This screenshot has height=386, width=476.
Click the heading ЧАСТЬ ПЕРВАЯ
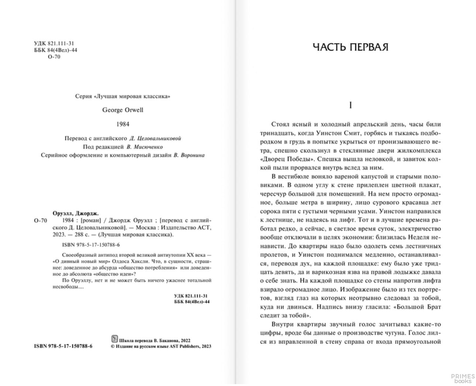click(x=350, y=47)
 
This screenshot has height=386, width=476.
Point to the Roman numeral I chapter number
click(x=350, y=105)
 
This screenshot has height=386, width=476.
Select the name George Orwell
click(x=123, y=110)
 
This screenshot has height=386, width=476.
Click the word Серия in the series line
click(x=83, y=96)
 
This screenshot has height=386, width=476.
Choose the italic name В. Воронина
click(x=189, y=155)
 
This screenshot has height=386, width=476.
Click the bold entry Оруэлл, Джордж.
click(x=74, y=213)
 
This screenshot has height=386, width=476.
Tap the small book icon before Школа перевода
click(x=114, y=339)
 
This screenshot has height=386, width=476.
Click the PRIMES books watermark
click(x=463, y=378)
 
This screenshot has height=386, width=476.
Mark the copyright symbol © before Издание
click(x=113, y=346)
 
